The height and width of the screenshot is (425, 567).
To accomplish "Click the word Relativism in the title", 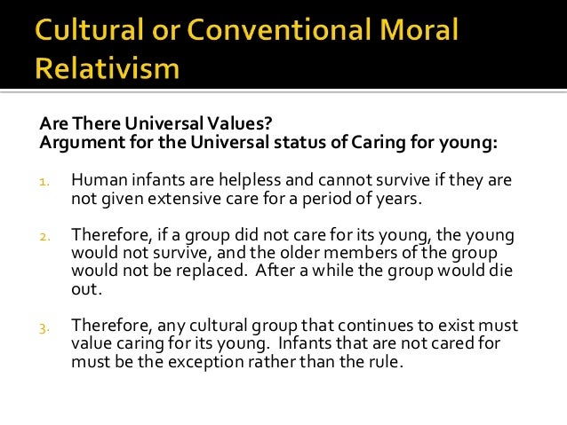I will coord(108,69).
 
